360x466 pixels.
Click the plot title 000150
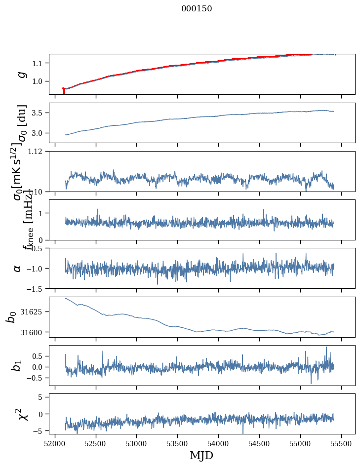tap(203, 8)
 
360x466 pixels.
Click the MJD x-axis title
tap(201, 455)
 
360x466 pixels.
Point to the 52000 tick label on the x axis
tap(55, 443)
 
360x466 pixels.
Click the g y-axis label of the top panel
tap(21, 74)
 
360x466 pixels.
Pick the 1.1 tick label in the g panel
tap(39, 63)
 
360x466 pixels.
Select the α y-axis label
tap(17, 268)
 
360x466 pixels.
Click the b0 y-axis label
tap(11, 317)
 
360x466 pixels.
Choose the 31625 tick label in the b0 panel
tap(33, 312)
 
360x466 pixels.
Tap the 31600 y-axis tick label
tap(33, 332)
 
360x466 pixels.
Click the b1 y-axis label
tap(17, 365)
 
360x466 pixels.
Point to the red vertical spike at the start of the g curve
tap(64, 91)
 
